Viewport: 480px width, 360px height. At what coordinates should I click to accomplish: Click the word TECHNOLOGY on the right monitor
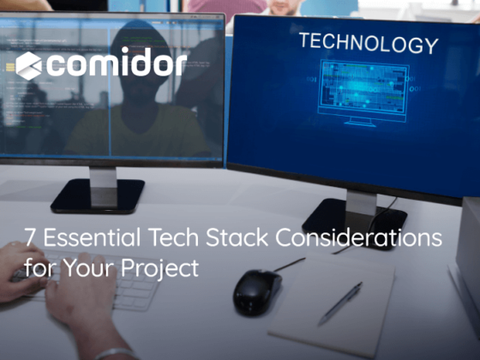point(368,44)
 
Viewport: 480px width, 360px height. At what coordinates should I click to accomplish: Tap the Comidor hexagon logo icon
point(28,64)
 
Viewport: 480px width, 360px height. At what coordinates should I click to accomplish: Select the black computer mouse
point(258,291)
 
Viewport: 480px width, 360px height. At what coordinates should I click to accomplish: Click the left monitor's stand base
point(97,199)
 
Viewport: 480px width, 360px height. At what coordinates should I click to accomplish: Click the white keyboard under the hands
point(129,291)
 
